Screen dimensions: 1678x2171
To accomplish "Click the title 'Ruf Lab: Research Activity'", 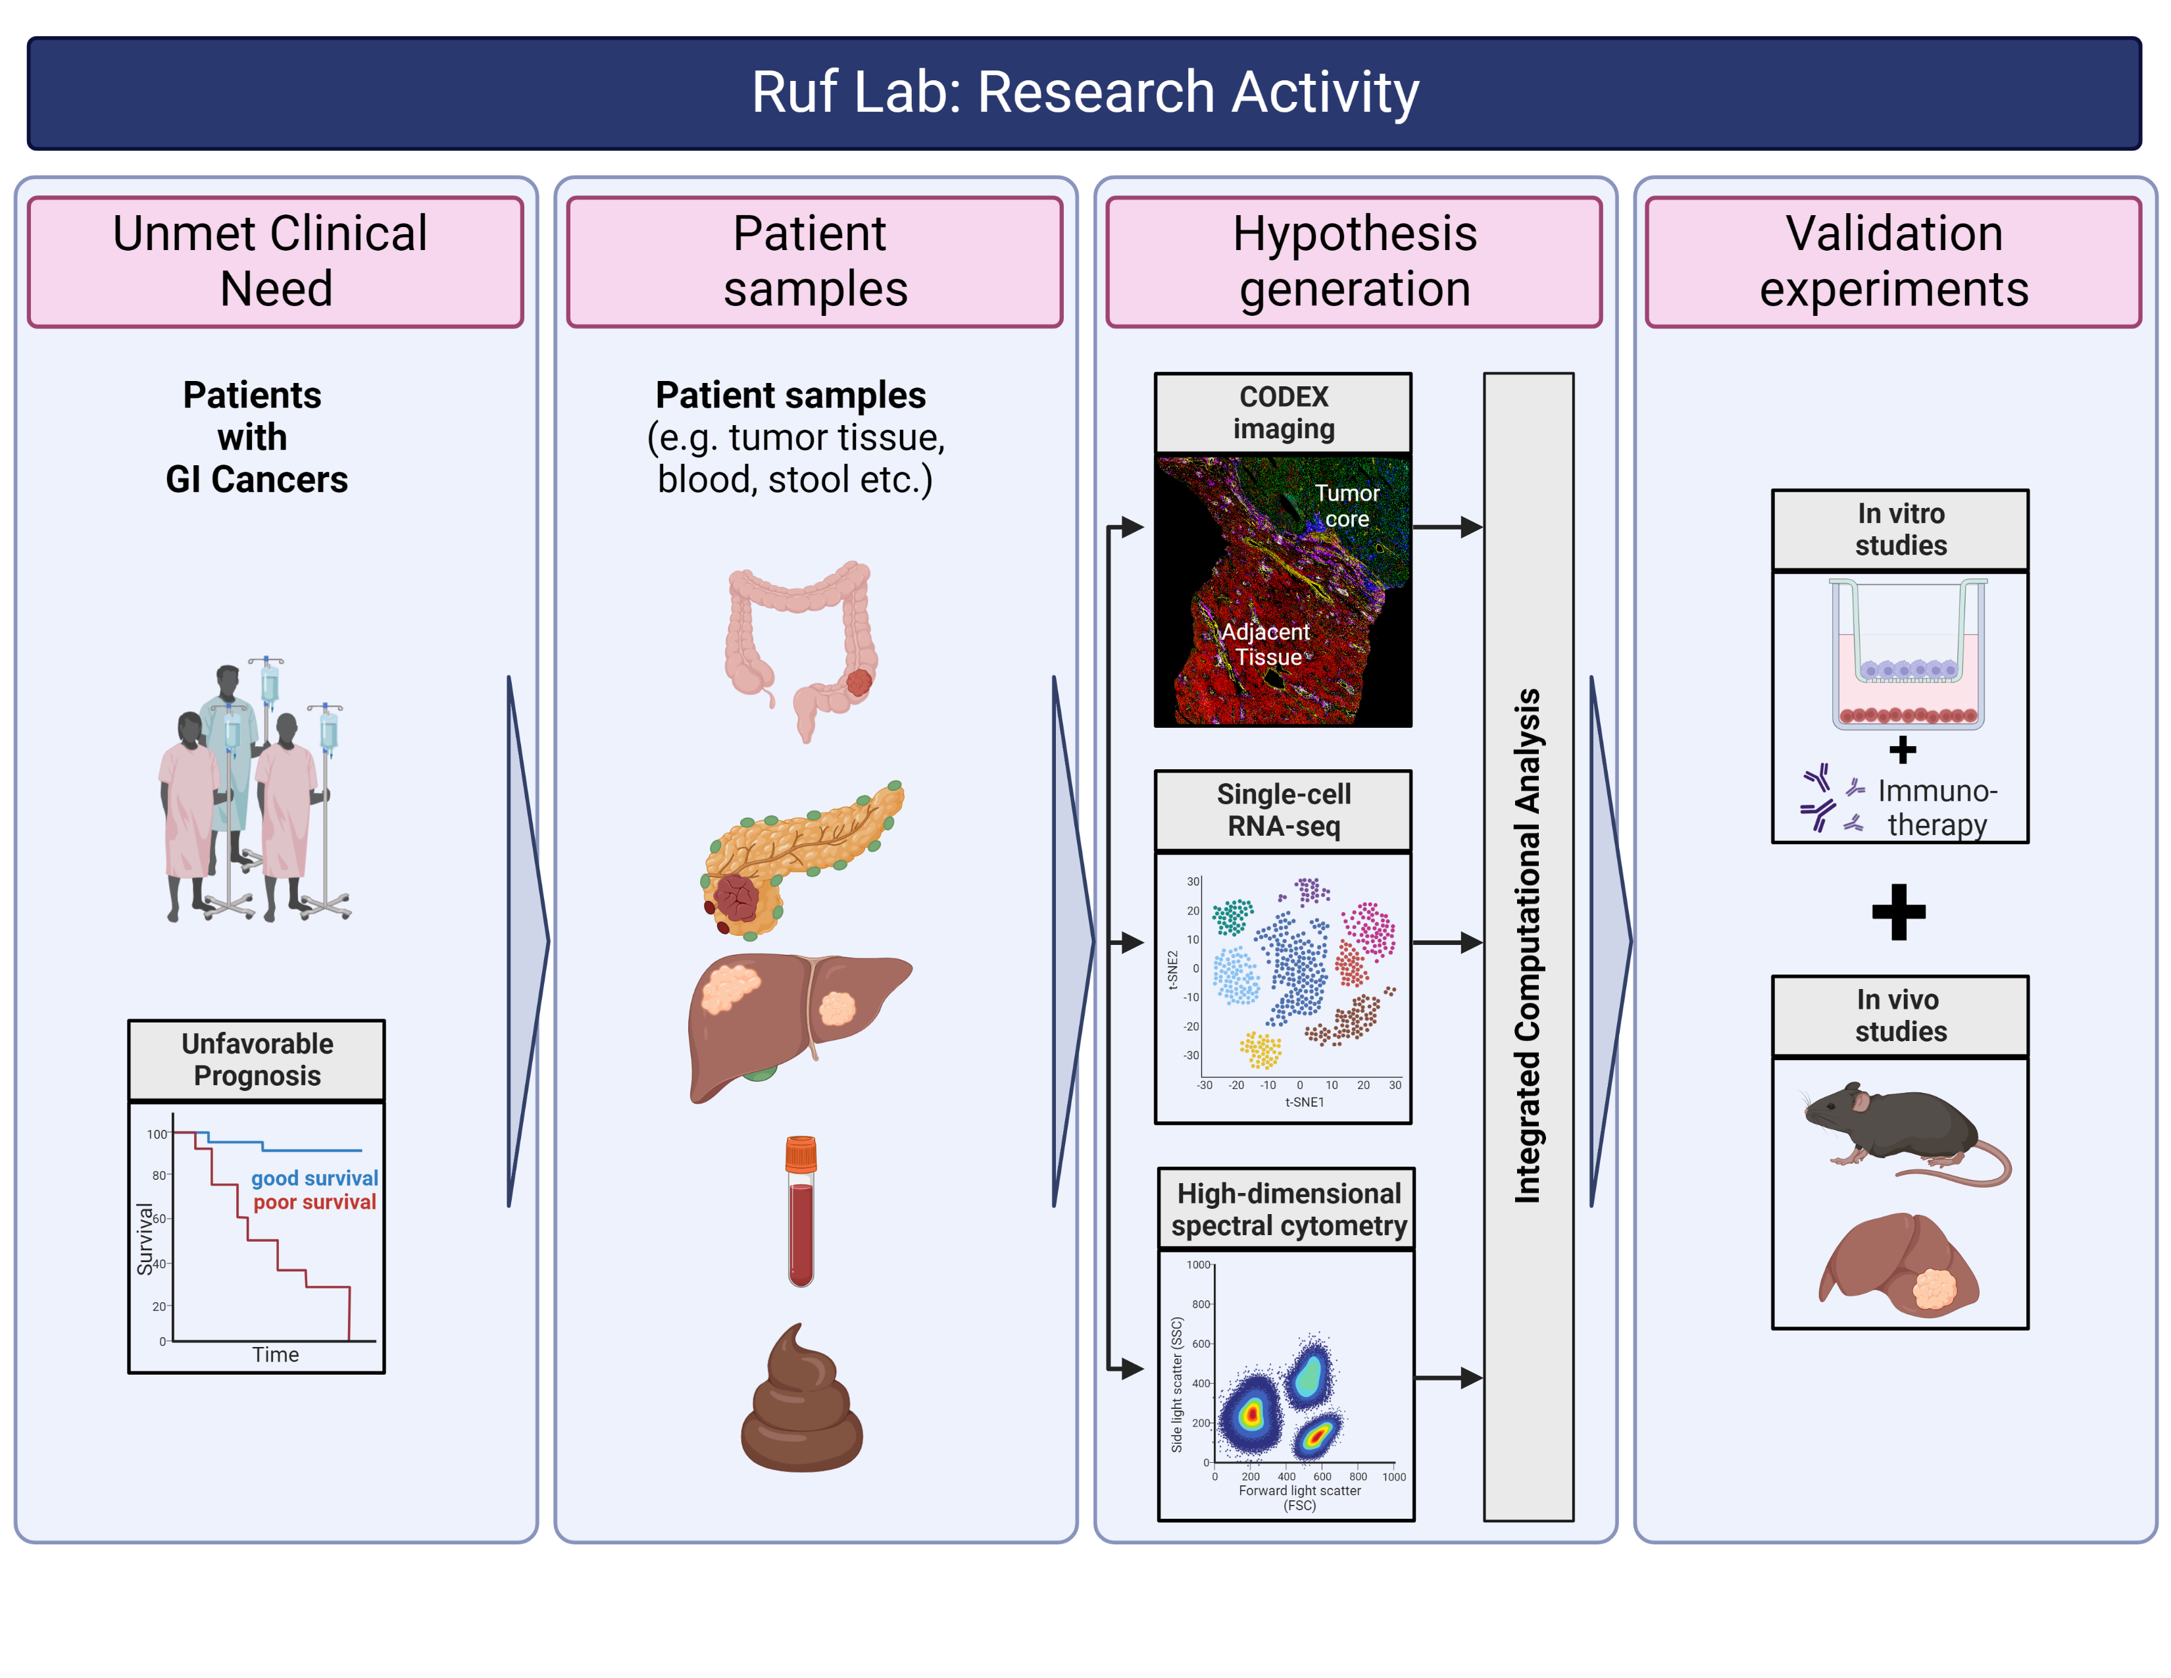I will click(x=1084, y=92).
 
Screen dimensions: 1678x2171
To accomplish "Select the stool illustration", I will click(x=801, y=1402).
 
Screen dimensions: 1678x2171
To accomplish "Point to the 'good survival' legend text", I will click(x=314, y=1178).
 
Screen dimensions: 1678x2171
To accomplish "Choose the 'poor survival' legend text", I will click(x=314, y=1202).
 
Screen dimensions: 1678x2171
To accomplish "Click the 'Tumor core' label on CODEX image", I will click(x=1347, y=506).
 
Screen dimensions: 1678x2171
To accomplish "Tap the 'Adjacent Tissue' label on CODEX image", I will click(x=1265, y=644).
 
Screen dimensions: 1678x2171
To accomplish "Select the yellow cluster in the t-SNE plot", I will click(x=1260, y=1050).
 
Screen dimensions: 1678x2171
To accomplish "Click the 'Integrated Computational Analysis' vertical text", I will click(x=1527, y=944).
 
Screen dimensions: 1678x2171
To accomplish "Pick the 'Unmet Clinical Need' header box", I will click(x=276, y=261).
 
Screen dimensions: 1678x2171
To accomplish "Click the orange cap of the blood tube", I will click(x=800, y=1154).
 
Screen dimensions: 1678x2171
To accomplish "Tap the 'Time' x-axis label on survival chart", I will click(x=276, y=1354).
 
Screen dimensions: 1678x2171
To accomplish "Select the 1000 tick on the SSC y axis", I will click(x=1198, y=1265).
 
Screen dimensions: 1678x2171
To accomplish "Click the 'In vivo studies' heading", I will click(x=1900, y=1015).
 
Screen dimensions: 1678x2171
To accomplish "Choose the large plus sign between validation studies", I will click(x=1899, y=911).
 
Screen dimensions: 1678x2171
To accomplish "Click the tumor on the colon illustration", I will click(x=859, y=682).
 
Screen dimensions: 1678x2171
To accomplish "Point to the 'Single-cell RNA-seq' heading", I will click(x=1284, y=810).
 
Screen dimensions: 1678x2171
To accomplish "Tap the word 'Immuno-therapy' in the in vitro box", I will click(x=1936, y=807).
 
